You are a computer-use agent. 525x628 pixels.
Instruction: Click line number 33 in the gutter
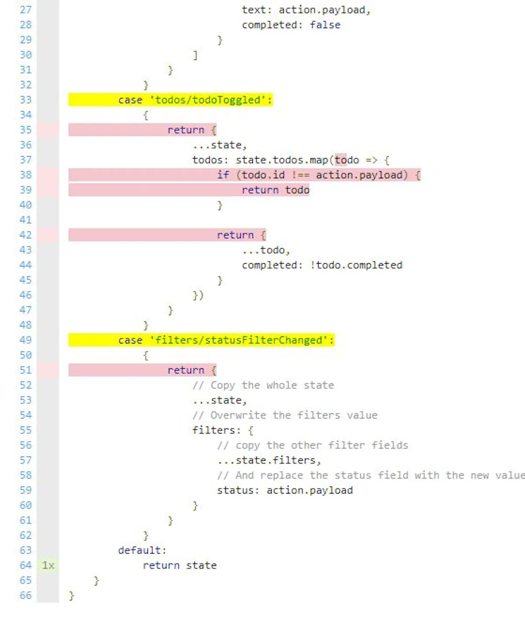pos(25,99)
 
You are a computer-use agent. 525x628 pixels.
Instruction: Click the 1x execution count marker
pos(48,565)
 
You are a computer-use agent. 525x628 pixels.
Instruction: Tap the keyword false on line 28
pos(325,25)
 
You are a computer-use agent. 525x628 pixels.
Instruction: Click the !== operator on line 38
pos(300,175)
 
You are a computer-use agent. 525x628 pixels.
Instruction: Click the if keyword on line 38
pos(223,175)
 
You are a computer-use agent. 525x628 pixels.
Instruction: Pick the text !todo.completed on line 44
pos(356,265)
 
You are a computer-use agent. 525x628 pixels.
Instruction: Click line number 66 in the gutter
pos(25,595)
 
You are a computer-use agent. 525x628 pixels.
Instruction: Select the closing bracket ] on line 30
pos(195,55)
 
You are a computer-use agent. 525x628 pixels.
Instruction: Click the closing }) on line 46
pos(198,295)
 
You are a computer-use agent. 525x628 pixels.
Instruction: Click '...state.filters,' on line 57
pos(269,460)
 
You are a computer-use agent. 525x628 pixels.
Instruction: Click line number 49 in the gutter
pos(25,340)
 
